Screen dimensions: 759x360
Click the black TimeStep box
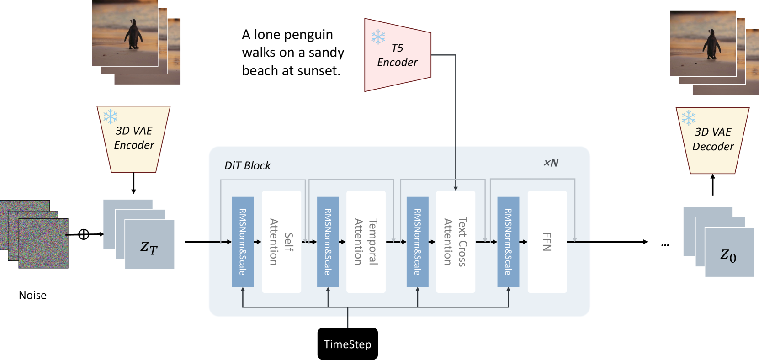(x=348, y=344)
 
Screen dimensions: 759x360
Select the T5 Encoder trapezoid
(x=398, y=55)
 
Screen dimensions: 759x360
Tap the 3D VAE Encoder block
(x=133, y=139)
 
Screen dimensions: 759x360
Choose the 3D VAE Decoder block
(x=712, y=141)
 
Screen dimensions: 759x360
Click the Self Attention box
(x=281, y=242)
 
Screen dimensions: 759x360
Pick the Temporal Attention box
(x=366, y=242)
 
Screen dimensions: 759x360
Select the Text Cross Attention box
(x=456, y=242)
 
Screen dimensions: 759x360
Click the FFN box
(x=547, y=242)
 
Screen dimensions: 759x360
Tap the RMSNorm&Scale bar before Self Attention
(x=243, y=242)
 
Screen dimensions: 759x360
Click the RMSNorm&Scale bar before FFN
(x=508, y=242)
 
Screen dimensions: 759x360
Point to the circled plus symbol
(x=84, y=234)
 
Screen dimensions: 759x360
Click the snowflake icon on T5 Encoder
(x=378, y=37)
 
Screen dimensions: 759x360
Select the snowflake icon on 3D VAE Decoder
(x=689, y=117)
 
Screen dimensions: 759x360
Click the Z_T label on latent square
(x=149, y=248)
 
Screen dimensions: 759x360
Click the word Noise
(x=32, y=295)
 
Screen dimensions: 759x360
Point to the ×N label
(x=551, y=163)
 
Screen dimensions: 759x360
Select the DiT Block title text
(x=247, y=165)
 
